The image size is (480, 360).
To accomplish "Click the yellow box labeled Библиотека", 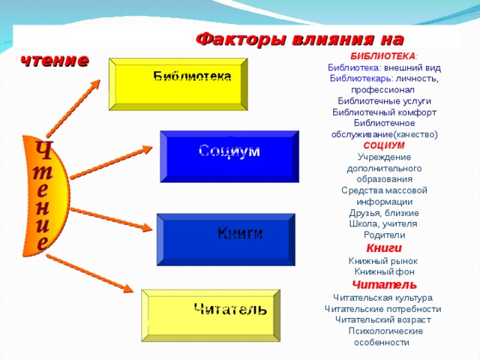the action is pyautogui.click(x=178, y=84).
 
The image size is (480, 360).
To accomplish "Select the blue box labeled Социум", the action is pyautogui.click(x=229, y=157).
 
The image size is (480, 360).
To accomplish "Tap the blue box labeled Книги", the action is pyautogui.click(x=226, y=239).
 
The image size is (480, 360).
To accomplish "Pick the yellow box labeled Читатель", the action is pyautogui.click(x=211, y=315).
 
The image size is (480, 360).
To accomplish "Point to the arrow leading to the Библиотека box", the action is pyautogui.click(x=73, y=108).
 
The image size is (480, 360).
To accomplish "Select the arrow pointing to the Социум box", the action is pyautogui.click(x=111, y=162).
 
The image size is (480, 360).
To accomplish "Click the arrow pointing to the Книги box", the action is pyautogui.click(x=111, y=219).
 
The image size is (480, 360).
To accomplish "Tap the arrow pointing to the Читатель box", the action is pyautogui.click(x=90, y=273).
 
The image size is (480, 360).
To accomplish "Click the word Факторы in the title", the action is pyautogui.click(x=241, y=40).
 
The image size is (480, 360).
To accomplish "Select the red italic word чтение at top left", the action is pyautogui.click(x=55, y=60).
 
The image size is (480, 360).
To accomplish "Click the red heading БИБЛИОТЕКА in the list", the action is pyautogui.click(x=383, y=56).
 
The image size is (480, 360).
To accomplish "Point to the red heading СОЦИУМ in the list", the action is pyautogui.click(x=384, y=145).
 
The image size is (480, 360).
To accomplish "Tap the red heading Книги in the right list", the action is pyautogui.click(x=384, y=248).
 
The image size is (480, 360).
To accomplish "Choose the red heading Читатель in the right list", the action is pyautogui.click(x=385, y=285).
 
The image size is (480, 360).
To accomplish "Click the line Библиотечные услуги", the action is pyautogui.click(x=384, y=101).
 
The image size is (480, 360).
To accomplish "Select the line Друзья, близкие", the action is pyautogui.click(x=384, y=213).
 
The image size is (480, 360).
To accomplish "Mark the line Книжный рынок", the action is pyautogui.click(x=383, y=261).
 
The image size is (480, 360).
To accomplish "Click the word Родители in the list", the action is pyautogui.click(x=385, y=235).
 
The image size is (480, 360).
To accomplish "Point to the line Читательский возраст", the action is pyautogui.click(x=383, y=320).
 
